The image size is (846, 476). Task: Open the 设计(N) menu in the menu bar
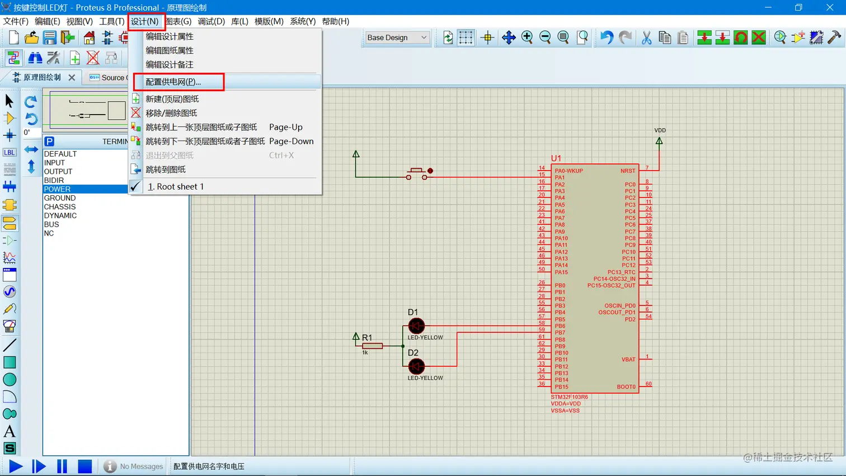pyautogui.click(x=145, y=21)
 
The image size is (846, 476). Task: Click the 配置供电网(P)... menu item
pyautogui.click(x=173, y=82)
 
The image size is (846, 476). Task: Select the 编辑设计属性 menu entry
pyautogui.click(x=170, y=36)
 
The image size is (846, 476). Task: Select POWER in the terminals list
pyautogui.click(x=57, y=189)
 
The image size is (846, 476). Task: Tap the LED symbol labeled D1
pyautogui.click(x=416, y=326)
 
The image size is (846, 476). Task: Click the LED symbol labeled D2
pyautogui.click(x=416, y=366)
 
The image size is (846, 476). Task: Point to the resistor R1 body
pyautogui.click(x=372, y=346)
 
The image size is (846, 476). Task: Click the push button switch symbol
pyautogui.click(x=417, y=173)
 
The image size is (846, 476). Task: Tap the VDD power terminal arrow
pyautogui.click(x=659, y=142)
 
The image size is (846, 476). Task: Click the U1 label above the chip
pyautogui.click(x=556, y=158)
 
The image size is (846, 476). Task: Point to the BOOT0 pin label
pyautogui.click(x=626, y=387)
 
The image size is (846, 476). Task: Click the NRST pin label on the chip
pyautogui.click(x=628, y=171)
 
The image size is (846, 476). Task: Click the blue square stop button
pyautogui.click(x=84, y=466)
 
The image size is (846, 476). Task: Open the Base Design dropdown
pyautogui.click(x=397, y=37)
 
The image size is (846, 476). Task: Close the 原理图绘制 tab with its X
pyautogui.click(x=72, y=78)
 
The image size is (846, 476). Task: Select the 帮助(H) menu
pyautogui.click(x=335, y=21)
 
